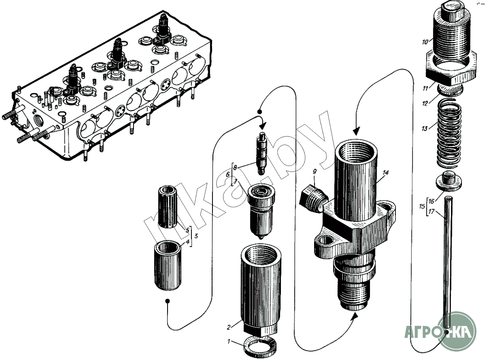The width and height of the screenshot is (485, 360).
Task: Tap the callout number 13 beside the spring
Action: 425,128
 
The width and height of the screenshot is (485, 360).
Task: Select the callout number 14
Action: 386,173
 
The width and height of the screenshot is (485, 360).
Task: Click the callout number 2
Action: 229,327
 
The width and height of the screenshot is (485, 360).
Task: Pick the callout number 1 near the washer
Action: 229,342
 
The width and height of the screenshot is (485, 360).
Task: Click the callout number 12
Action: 425,102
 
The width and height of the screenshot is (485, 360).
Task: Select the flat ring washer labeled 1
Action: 260,347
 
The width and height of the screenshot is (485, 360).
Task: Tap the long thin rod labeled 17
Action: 448,260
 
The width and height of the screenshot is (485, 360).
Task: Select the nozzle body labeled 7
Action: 262,210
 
